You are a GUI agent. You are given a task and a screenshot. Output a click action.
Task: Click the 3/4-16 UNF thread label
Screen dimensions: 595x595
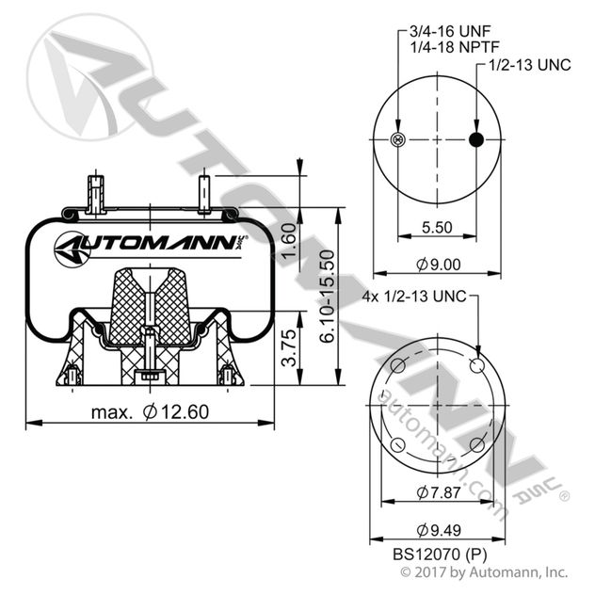click(x=445, y=32)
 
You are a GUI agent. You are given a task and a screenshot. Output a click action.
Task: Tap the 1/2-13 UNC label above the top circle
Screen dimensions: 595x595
click(x=528, y=65)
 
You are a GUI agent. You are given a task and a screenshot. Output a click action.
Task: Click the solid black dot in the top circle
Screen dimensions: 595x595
click(x=476, y=140)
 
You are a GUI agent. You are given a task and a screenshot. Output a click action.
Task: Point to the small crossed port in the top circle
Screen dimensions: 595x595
click(x=397, y=140)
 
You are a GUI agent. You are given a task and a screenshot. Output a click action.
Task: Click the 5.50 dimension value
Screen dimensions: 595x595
click(x=436, y=228)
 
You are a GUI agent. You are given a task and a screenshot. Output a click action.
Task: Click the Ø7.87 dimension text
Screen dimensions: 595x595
click(x=436, y=491)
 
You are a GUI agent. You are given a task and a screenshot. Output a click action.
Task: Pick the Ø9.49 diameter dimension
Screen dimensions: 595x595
click(x=436, y=527)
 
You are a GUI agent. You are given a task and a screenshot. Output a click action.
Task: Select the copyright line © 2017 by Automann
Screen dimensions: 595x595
click(x=484, y=571)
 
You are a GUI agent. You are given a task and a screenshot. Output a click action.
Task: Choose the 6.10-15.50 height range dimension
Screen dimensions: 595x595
click(x=326, y=294)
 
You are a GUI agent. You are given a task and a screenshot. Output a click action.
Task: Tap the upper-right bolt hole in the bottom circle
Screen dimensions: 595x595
click(x=475, y=366)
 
